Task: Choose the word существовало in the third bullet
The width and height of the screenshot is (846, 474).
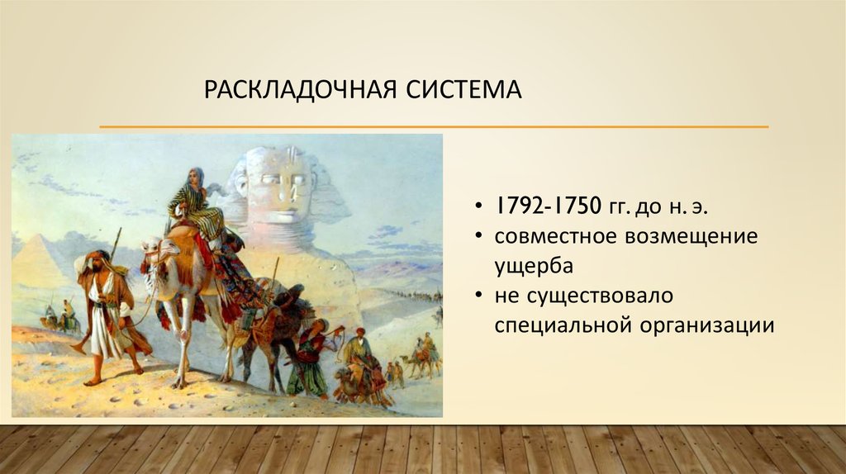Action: pos(595,296)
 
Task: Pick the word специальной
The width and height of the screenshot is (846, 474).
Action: pos(562,325)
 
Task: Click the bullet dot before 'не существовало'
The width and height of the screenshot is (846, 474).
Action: pos(480,296)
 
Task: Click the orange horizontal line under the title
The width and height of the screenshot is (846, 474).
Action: pos(434,127)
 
